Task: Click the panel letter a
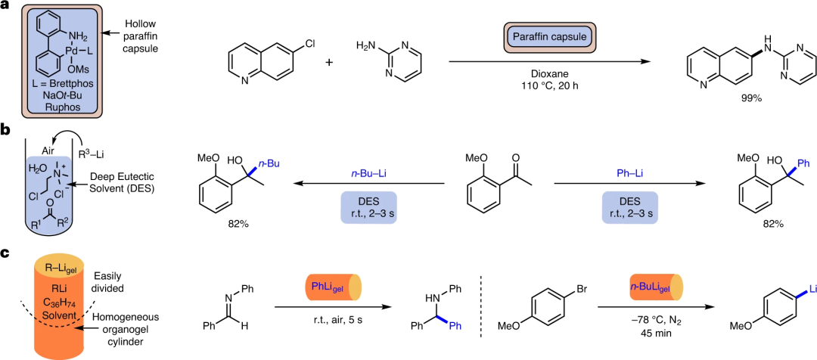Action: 6,7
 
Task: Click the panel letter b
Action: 6,131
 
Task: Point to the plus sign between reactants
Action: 329,62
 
